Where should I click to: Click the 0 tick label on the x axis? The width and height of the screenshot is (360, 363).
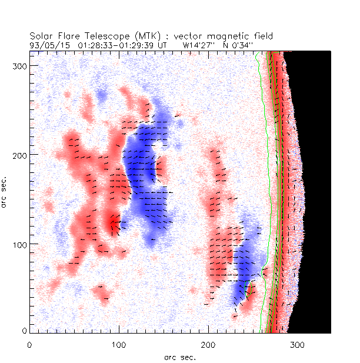29,344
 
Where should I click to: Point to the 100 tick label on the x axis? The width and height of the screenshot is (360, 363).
119,344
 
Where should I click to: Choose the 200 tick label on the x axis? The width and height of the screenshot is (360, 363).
208,344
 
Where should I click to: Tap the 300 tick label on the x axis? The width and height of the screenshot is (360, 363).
297,344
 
